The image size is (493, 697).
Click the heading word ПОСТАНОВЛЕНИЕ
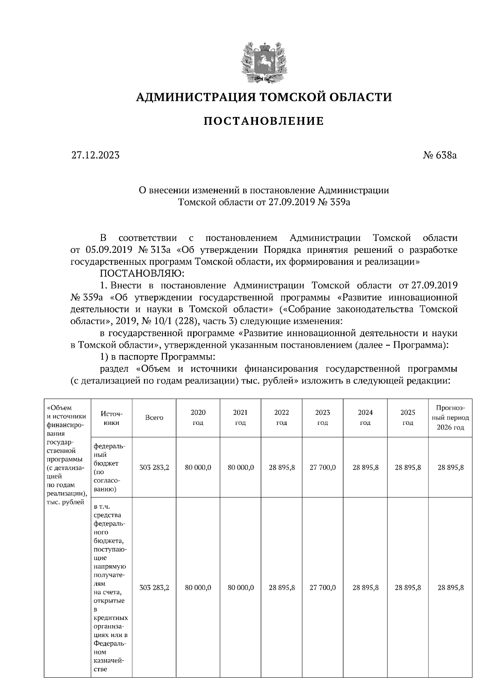click(264, 121)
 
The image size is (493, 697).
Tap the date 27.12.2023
click(95, 155)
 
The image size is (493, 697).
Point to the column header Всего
click(154, 417)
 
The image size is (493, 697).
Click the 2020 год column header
click(198, 417)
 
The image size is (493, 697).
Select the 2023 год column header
click(323, 417)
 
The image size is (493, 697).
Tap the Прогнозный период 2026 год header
click(450, 417)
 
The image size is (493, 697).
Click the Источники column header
click(111, 417)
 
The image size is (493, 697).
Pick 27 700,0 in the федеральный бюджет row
click(323, 467)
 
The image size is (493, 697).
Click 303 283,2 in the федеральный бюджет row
click(154, 467)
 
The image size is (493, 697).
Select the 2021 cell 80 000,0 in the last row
click(241, 587)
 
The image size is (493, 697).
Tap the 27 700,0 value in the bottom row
click(323, 587)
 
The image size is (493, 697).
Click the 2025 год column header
click(408, 417)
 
